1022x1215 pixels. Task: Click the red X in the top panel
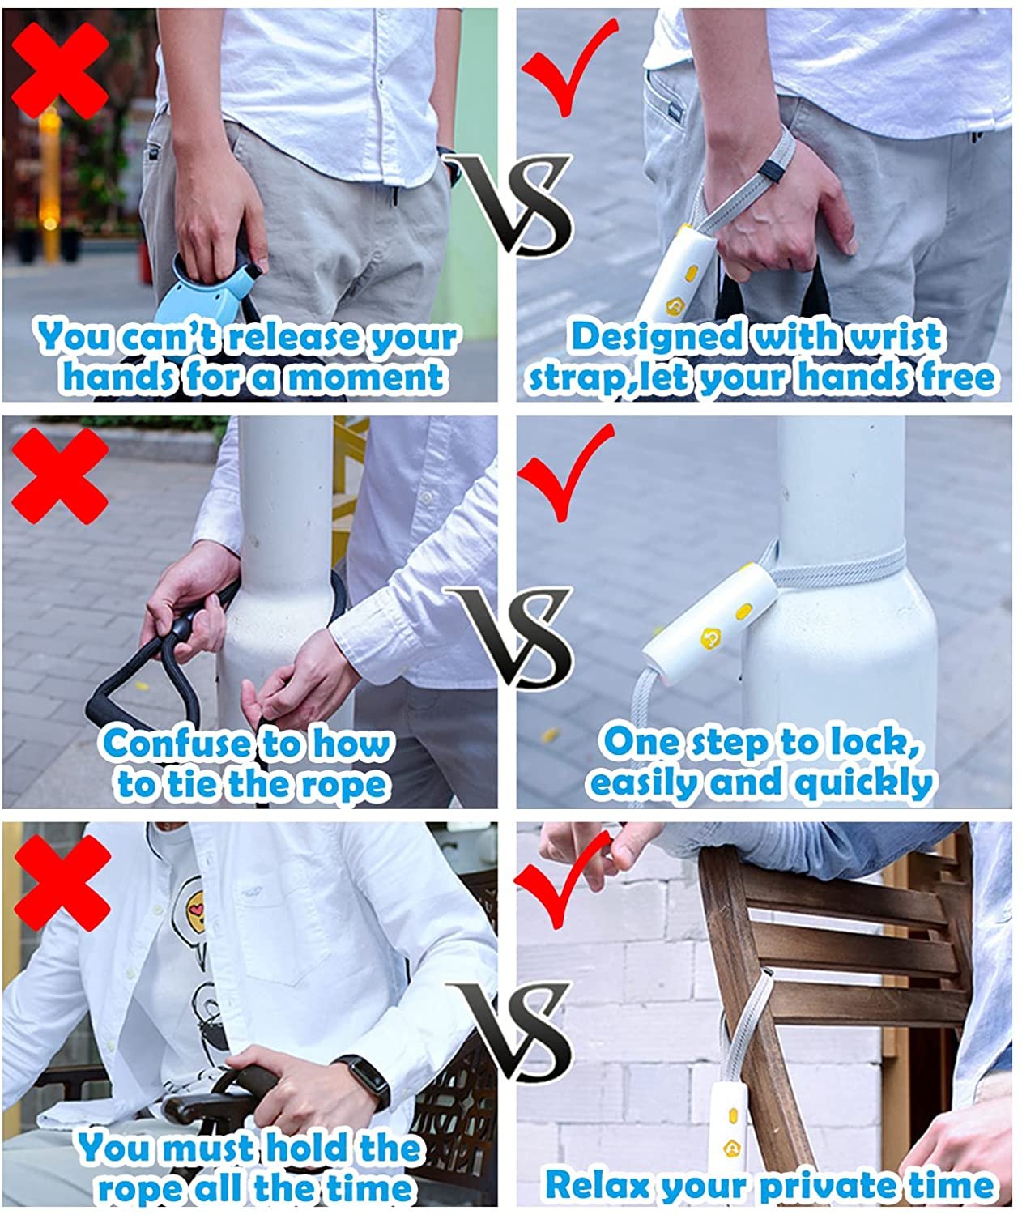60,71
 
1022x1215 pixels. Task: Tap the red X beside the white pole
60,476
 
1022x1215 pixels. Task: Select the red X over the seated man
62,884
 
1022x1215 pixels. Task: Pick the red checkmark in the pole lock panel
564,472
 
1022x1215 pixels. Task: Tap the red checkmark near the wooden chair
563,880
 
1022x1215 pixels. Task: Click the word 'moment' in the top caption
367,377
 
